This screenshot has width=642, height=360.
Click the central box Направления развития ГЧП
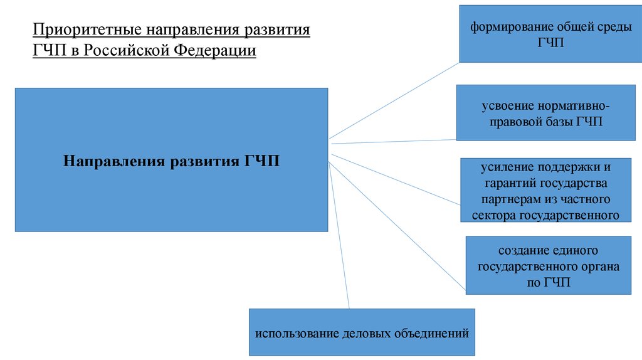(x=171, y=160)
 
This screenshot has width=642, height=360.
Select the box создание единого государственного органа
(x=548, y=265)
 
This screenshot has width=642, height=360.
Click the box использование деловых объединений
(x=362, y=332)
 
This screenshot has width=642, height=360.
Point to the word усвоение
(x=503, y=106)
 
